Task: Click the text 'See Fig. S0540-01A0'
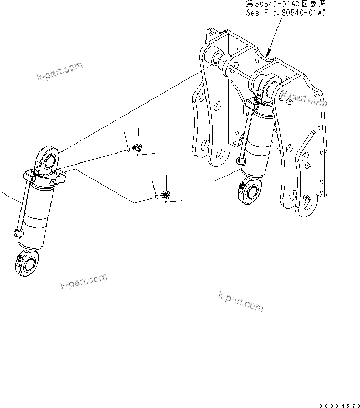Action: tap(286, 12)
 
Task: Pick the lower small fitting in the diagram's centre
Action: tap(164, 195)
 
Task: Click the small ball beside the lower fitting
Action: tap(157, 198)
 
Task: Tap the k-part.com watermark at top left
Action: tap(60, 72)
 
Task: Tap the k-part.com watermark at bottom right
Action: tap(240, 300)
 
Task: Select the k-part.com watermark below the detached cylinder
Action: tap(83, 282)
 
